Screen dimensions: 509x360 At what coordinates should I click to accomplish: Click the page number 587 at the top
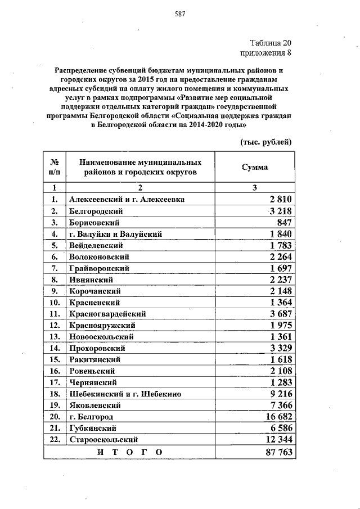click(180, 13)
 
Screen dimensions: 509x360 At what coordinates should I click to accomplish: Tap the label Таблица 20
click(270, 43)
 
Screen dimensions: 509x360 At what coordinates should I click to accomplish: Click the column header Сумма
click(254, 167)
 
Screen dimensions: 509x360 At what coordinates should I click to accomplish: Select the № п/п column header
click(54, 167)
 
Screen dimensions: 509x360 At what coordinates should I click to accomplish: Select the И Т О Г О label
click(130, 452)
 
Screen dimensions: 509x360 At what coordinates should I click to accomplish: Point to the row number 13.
click(55, 336)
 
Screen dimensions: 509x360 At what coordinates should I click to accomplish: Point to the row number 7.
click(55, 268)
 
